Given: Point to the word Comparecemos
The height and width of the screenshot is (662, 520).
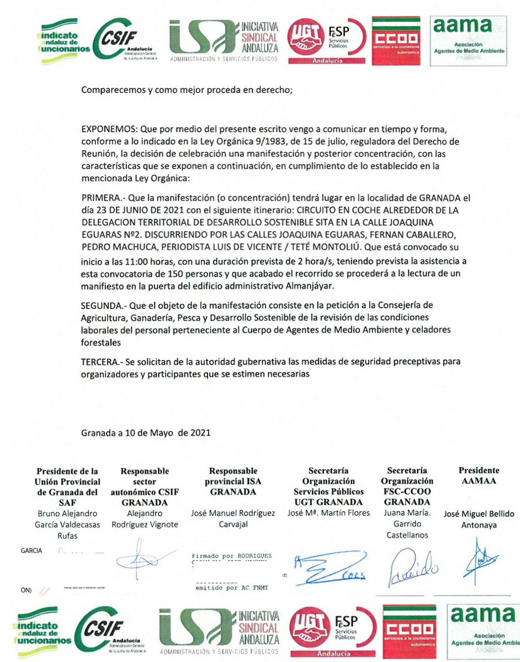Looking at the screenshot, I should click(x=109, y=90).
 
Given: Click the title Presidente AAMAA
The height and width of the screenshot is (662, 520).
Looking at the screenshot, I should click(x=479, y=476).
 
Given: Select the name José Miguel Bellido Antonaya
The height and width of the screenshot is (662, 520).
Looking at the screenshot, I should click(x=479, y=520).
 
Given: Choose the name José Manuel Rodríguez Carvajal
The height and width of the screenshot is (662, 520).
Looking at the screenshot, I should click(x=232, y=519).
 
